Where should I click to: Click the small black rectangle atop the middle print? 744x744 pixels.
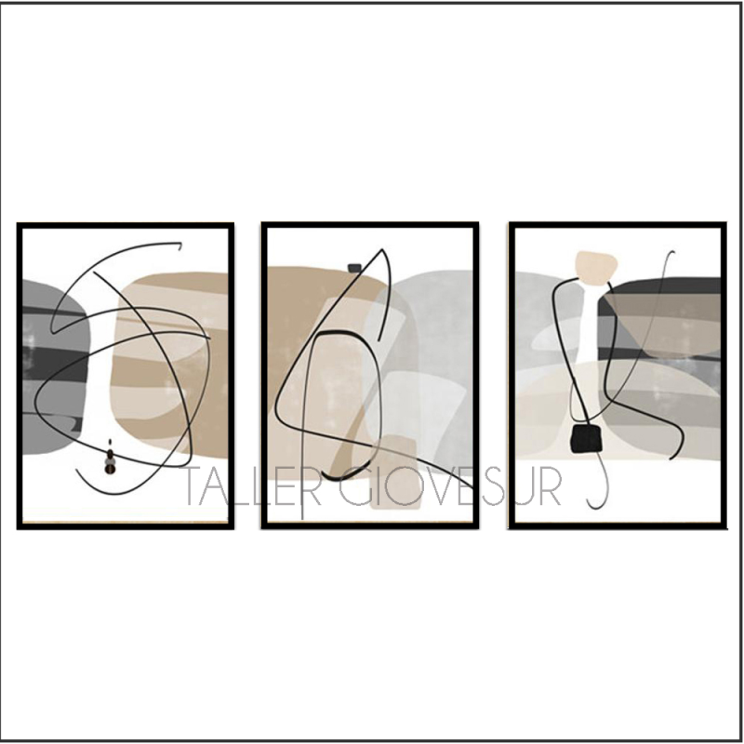click(354, 268)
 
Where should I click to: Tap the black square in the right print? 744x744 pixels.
click(587, 438)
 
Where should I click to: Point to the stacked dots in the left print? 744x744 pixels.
click(110, 457)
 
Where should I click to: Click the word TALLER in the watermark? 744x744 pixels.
click(246, 486)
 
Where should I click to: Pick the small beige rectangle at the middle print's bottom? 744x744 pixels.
click(394, 472)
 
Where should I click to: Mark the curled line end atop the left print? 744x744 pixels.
click(179, 246)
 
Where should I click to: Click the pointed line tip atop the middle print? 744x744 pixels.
click(382, 249)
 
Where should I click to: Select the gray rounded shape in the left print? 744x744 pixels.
click(55, 367)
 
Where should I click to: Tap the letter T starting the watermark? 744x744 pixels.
click(192, 486)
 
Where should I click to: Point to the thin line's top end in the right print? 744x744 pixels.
click(671, 252)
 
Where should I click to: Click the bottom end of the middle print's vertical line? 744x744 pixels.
click(301, 518)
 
